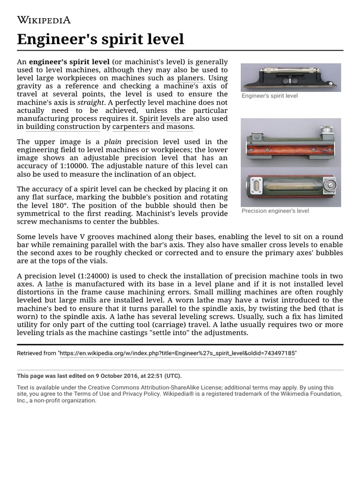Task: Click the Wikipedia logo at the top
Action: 44,20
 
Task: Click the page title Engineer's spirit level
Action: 100,39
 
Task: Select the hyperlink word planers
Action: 190,78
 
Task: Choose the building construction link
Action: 63,127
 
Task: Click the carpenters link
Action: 131,127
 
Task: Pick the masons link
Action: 180,127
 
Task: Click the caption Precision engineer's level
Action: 275,211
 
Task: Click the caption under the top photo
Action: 270,96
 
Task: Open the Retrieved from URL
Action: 177,353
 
